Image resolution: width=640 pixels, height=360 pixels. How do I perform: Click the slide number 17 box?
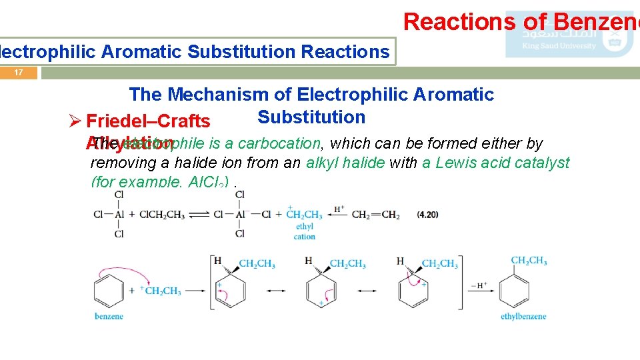19,73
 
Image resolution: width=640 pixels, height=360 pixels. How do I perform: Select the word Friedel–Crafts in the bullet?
149,121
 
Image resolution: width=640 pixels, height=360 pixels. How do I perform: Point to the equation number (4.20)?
428,215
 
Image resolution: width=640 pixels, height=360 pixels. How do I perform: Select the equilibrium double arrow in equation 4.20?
197,215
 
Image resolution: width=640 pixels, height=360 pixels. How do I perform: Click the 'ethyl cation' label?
304,232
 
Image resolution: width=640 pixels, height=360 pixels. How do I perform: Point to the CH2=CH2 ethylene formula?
376,215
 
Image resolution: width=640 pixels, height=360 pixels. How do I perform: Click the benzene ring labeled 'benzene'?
109,291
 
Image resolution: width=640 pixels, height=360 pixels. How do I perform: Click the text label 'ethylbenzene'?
523,316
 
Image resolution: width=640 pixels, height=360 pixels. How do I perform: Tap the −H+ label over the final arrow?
479,285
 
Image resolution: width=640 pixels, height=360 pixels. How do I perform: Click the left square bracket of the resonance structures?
213,283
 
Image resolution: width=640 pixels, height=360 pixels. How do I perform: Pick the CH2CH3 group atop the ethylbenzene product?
529,261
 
